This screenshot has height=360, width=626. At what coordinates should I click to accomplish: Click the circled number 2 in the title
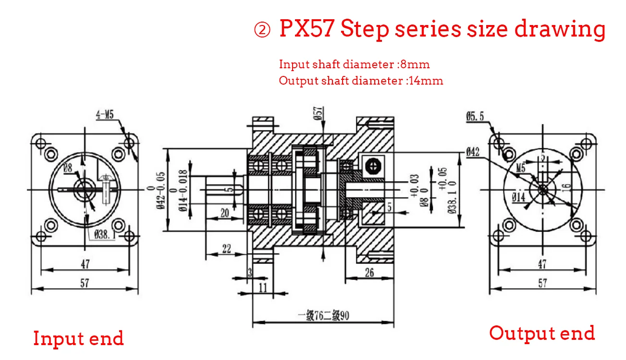pyautogui.click(x=262, y=31)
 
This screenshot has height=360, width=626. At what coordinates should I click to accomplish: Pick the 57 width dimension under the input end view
pyautogui.click(x=85, y=283)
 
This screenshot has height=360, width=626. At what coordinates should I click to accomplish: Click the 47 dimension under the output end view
pyautogui.click(x=542, y=264)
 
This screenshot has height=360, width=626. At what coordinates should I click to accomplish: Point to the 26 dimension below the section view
pyautogui.click(x=369, y=273)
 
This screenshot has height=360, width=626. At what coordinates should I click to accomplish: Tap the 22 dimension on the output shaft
pyautogui.click(x=226, y=248)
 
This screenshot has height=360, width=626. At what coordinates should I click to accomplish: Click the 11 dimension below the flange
pyautogui.click(x=263, y=288)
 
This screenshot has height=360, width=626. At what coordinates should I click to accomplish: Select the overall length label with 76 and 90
pyautogui.click(x=323, y=316)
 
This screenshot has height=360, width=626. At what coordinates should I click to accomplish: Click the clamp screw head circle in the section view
pyautogui.click(x=371, y=166)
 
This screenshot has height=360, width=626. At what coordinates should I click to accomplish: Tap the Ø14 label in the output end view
pyautogui.click(x=518, y=197)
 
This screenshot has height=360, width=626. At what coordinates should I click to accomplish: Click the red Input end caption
pyautogui.click(x=78, y=338)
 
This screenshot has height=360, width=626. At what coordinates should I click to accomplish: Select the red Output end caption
pyautogui.click(x=542, y=333)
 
